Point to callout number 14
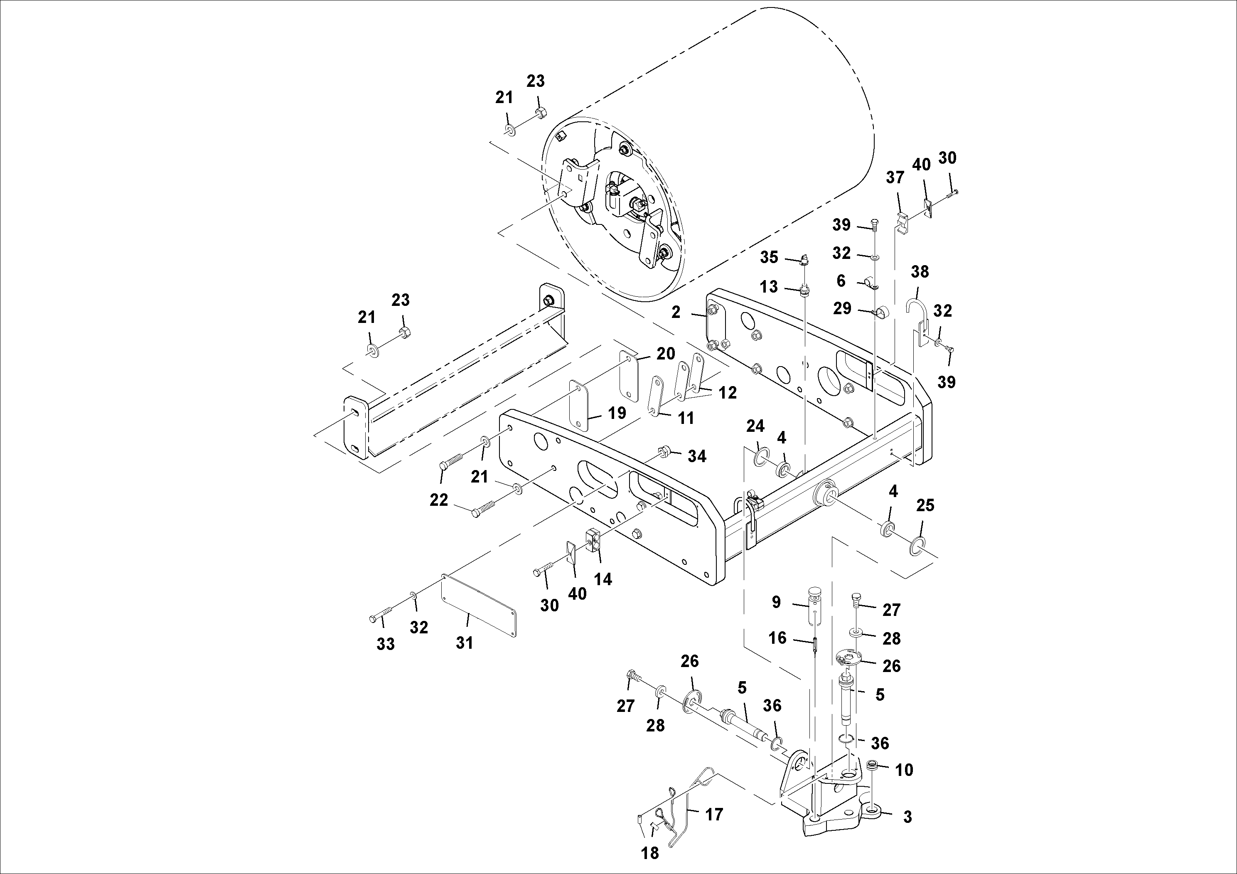[603, 579]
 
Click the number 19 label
[617, 413]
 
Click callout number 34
[697, 456]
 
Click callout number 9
[776, 602]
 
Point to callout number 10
[905, 770]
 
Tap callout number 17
[714, 814]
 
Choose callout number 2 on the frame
[676, 312]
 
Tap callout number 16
[777, 638]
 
